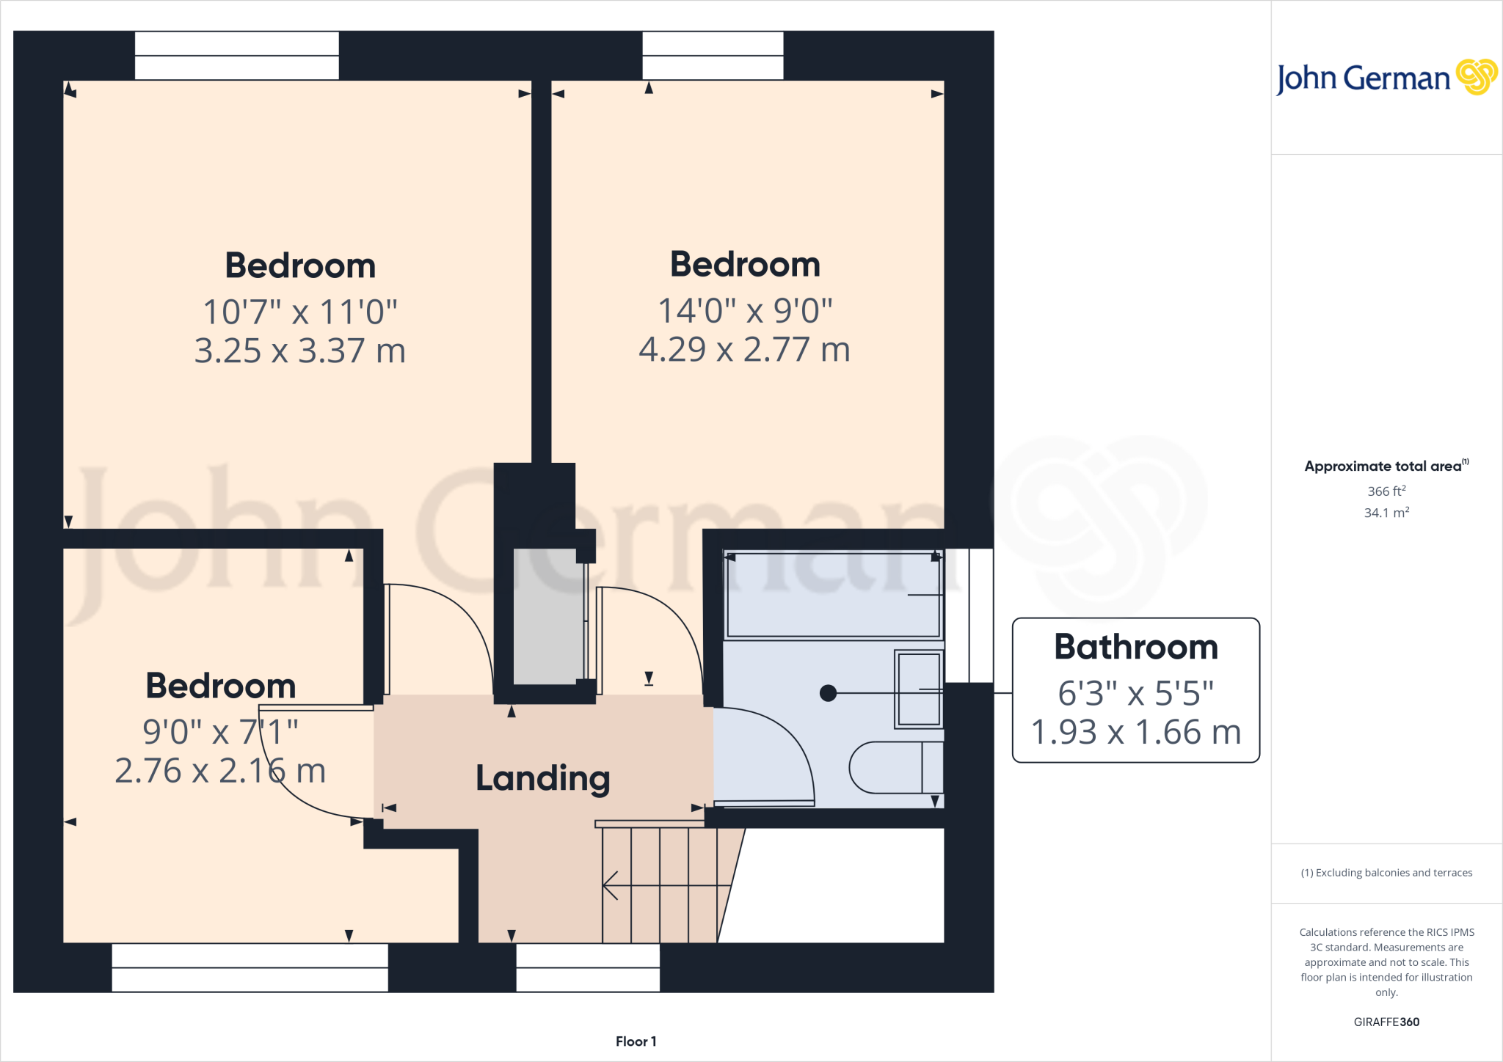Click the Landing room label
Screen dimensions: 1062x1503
[x=542, y=778]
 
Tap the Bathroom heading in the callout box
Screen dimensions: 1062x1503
[x=1136, y=647]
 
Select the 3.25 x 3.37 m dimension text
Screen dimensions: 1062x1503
[x=299, y=351]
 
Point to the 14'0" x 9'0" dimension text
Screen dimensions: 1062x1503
[x=745, y=310]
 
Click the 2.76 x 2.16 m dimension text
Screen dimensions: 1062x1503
[x=220, y=771]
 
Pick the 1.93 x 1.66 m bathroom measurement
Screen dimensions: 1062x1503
[x=1136, y=732]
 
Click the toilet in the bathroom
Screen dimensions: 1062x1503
[x=895, y=767]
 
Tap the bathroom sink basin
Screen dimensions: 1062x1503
[x=918, y=689]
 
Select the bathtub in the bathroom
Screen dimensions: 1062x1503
[x=832, y=595]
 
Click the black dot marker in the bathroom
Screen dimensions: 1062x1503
[x=828, y=693]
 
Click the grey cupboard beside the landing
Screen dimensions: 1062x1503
[x=547, y=616]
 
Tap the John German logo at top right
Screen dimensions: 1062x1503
[x=1386, y=78]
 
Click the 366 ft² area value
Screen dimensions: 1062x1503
[x=1386, y=491]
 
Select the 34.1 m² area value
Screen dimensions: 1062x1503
[x=1386, y=513]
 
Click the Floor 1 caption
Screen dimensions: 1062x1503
[x=636, y=1041]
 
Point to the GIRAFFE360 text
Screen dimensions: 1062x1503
[x=1386, y=1022]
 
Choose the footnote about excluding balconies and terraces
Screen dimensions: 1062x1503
[x=1386, y=873]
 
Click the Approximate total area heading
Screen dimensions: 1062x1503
[x=1386, y=466]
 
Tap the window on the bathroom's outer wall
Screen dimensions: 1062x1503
[x=969, y=615]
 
